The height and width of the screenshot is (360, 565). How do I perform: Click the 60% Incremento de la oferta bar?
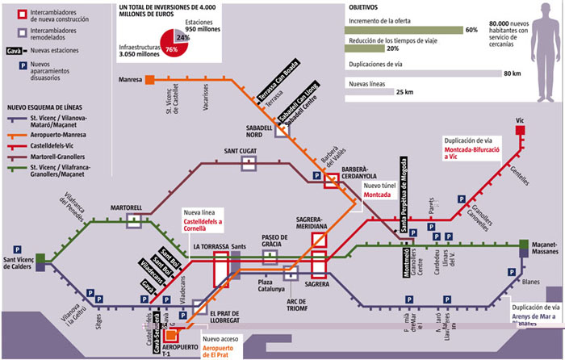[403, 30]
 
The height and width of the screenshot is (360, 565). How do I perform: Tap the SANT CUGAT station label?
[241, 151]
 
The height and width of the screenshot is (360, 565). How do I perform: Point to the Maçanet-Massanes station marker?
[525, 245]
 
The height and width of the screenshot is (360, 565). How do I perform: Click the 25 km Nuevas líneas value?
[404, 92]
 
